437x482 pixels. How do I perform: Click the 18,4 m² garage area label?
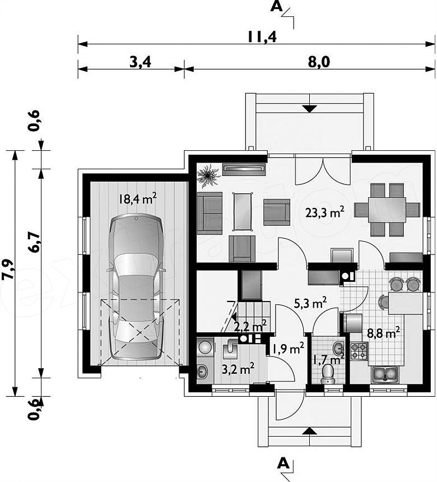point(138,198)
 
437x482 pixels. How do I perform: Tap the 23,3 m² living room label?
point(324,212)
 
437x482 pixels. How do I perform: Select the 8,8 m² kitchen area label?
point(383,333)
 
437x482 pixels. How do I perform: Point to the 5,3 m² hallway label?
point(310,303)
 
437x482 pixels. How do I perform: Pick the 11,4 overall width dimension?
point(262,37)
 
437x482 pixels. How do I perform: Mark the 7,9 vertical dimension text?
point(8,270)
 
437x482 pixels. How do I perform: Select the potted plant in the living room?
point(208,176)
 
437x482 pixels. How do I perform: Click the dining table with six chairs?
point(387,210)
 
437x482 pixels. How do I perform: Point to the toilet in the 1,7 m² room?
point(328,374)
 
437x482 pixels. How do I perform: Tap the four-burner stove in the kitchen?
point(359,351)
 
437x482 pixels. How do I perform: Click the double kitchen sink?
point(384,374)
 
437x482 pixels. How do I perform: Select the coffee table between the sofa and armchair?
point(243,211)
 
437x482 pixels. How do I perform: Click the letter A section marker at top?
point(276,7)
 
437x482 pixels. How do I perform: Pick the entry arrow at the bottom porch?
point(309,432)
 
